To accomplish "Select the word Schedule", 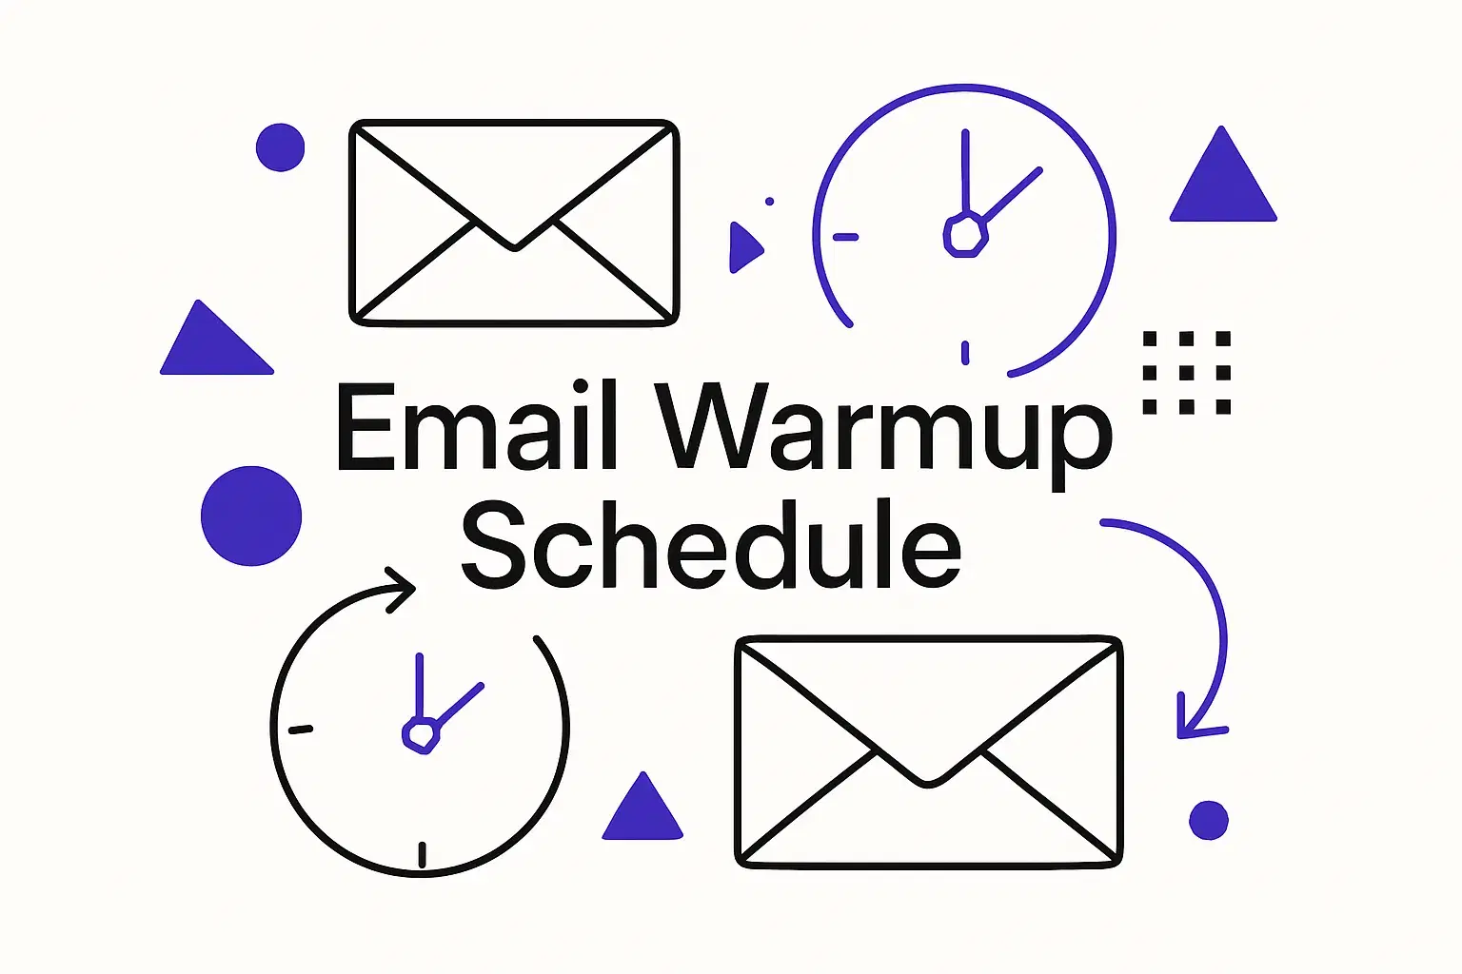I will tap(710, 545).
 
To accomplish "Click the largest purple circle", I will tap(251, 516).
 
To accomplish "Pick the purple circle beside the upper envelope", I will tap(280, 147).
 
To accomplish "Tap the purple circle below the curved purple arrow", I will tap(1209, 820).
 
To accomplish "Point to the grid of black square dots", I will tap(1186, 373).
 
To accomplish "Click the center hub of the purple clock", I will tap(963, 235).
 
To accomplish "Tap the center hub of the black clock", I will tap(420, 733).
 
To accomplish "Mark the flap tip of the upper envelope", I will tap(514, 246).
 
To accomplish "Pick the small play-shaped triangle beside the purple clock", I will tap(743, 247).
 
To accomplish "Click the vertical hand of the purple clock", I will tap(965, 171).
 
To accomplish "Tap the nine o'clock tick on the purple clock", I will tap(845, 237).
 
